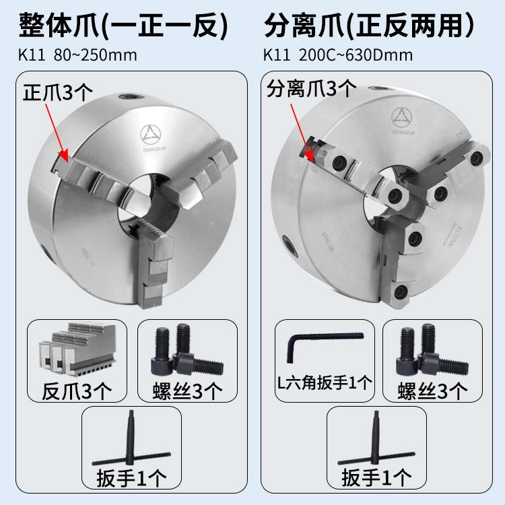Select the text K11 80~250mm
coord(78,55)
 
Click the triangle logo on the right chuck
coord(402,118)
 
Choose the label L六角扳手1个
coord(325,383)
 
